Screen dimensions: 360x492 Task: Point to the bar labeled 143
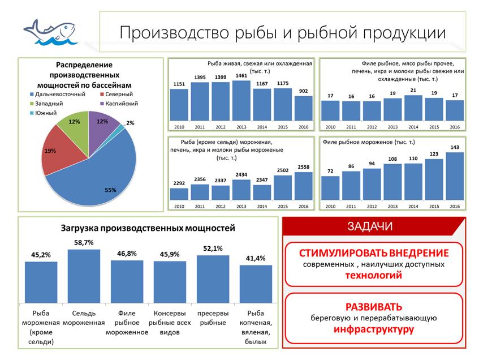[454, 176]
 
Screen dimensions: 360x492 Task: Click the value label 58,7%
[83, 242]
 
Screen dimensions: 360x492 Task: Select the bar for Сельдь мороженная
[84, 276]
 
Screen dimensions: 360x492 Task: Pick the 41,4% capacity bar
[256, 284]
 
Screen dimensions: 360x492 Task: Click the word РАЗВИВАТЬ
[374, 306]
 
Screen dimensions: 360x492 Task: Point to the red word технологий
[374, 276]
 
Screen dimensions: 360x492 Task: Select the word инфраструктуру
[374, 329]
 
